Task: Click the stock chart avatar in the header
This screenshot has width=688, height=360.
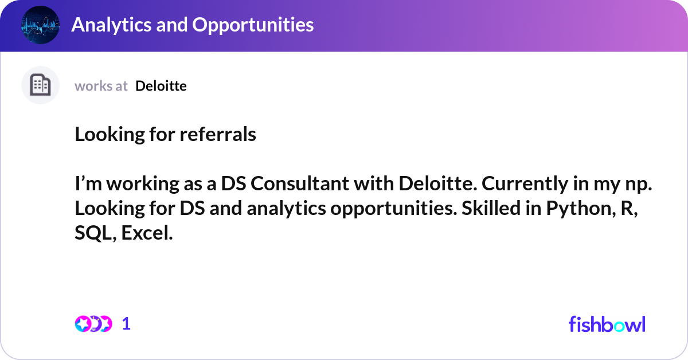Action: point(40,25)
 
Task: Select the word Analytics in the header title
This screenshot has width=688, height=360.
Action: point(109,25)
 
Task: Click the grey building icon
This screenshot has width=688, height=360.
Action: point(40,85)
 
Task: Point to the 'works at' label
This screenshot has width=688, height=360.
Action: point(101,86)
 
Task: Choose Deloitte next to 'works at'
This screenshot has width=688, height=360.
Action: point(161,86)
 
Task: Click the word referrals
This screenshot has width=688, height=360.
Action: point(218,135)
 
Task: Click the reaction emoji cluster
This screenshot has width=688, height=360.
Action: point(93,324)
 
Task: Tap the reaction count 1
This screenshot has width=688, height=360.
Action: point(127,324)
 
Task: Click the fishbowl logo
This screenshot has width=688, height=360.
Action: point(607,324)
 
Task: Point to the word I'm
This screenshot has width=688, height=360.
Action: point(86,185)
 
